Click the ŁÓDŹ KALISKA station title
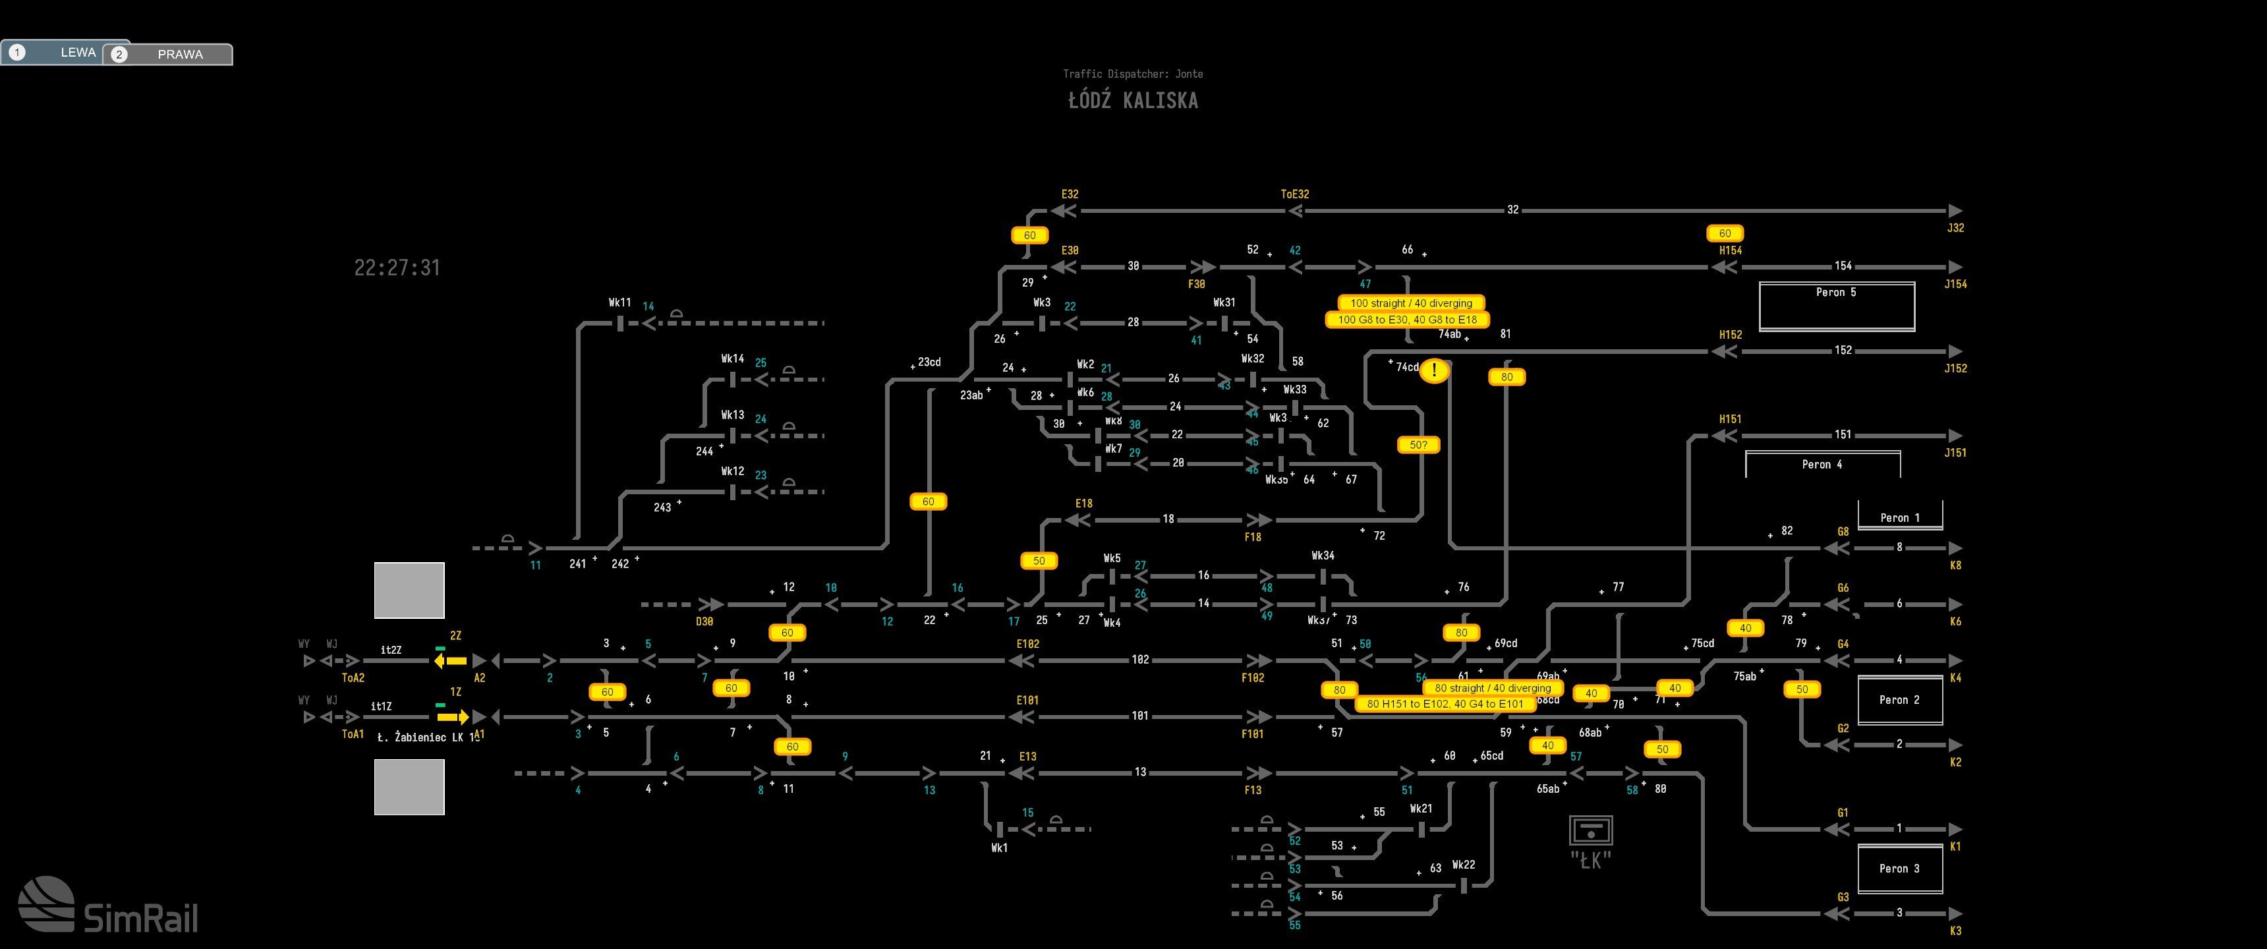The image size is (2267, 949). click(1133, 100)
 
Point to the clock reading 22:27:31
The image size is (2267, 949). click(397, 268)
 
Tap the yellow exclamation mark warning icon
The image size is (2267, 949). click(1433, 370)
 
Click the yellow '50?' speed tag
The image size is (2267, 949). click(1418, 446)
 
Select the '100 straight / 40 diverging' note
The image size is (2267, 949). click(1411, 303)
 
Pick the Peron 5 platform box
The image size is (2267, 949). click(1837, 306)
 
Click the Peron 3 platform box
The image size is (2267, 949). click(1899, 869)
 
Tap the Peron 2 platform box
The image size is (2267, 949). click(1899, 700)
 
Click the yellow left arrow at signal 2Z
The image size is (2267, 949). click(451, 660)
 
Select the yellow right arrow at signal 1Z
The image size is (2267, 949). click(452, 716)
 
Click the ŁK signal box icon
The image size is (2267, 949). click(1590, 830)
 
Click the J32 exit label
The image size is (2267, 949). click(1955, 228)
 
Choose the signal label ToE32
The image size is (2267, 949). click(1294, 194)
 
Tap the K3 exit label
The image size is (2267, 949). click(1955, 931)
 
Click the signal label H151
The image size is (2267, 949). click(1730, 419)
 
